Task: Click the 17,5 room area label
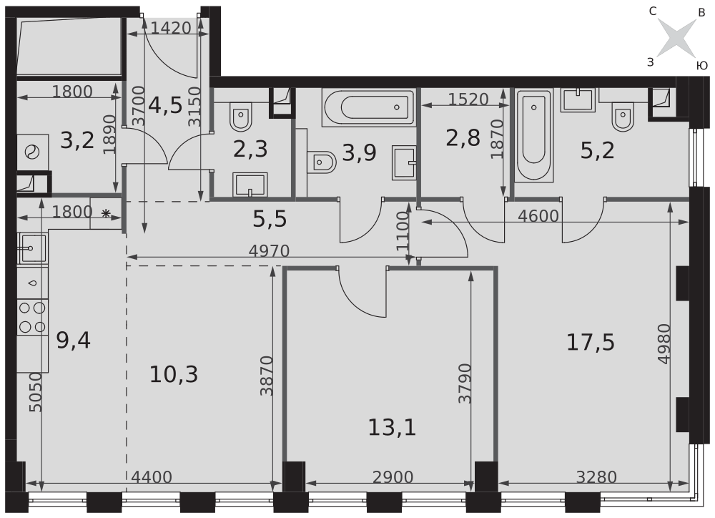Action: (x=590, y=342)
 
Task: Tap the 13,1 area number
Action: (x=392, y=428)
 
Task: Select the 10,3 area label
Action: (x=174, y=375)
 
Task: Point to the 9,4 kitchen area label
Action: (x=74, y=341)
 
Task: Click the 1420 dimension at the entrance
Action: (x=171, y=29)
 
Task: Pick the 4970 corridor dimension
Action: (x=269, y=250)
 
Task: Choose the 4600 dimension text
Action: (x=538, y=215)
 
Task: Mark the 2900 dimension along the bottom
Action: (x=393, y=477)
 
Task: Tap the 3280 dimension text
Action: (x=596, y=477)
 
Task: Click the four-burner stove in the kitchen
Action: (x=32, y=317)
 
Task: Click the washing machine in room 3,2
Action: (x=33, y=152)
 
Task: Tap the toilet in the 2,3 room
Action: (x=241, y=117)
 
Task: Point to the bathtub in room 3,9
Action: (x=368, y=108)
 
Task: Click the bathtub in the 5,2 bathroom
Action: (x=534, y=135)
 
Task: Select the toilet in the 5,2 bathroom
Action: (x=623, y=117)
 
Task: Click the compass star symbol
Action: (x=676, y=39)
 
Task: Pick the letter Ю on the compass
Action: (x=702, y=66)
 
